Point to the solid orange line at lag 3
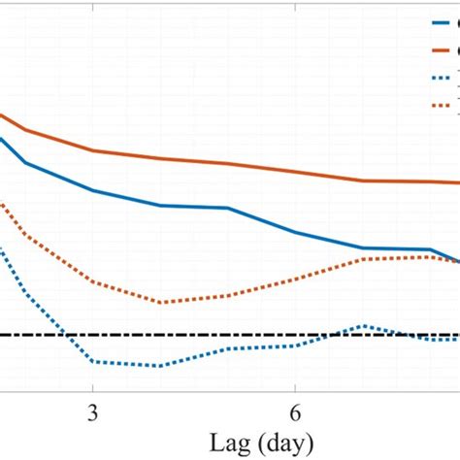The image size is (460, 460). (93, 150)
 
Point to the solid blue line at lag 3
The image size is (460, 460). (93, 190)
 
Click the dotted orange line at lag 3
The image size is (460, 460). (93, 281)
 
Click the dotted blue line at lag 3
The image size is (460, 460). (93, 362)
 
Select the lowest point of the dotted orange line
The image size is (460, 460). (160, 302)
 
